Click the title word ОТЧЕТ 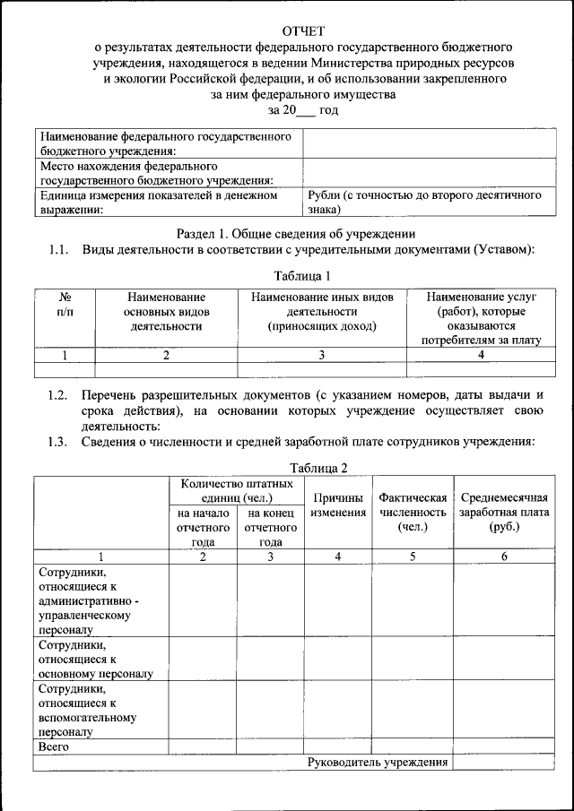point(303,30)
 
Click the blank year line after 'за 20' point(305,110)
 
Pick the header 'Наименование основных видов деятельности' point(166,311)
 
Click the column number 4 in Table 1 point(481,355)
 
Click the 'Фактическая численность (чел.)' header point(413,512)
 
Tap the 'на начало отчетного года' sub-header point(203,527)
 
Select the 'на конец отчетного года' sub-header point(270,527)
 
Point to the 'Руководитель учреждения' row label point(377,762)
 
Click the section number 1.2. point(58,395)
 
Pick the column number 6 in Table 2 point(503,556)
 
